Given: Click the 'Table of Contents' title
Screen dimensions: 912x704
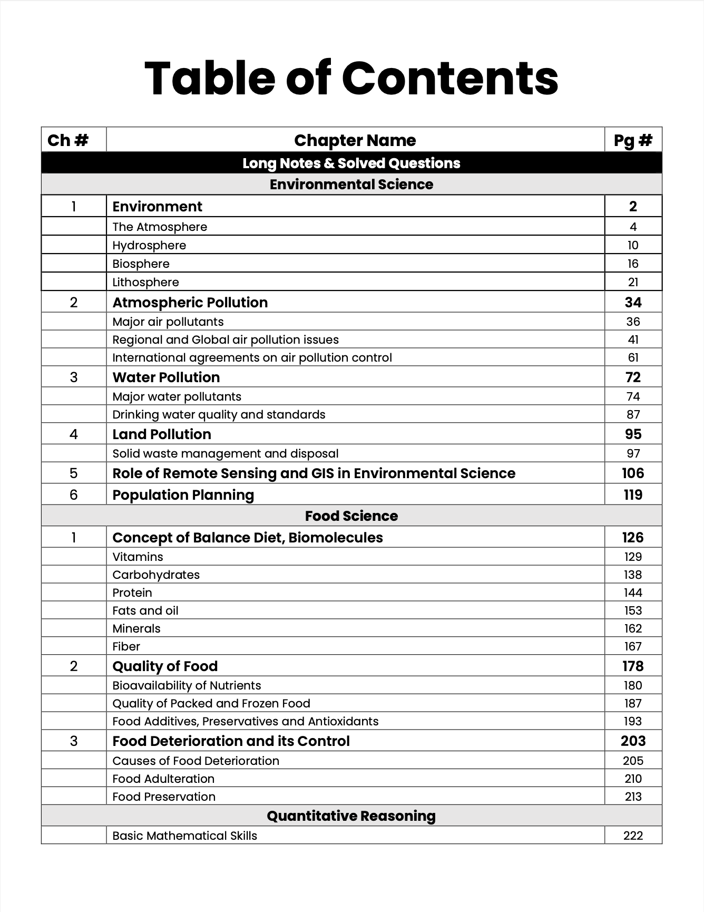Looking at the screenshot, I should click(351, 79).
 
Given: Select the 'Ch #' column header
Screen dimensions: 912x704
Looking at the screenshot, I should click(68, 140).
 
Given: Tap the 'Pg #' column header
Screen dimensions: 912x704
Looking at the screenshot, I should click(633, 140).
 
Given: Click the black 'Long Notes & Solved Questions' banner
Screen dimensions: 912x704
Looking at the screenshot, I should click(351, 163).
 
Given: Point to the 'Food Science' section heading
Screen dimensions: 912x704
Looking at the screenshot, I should click(351, 516).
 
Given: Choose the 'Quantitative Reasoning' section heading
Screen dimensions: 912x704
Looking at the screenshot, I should click(351, 816).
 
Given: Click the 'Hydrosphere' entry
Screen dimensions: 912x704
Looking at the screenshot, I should click(149, 245).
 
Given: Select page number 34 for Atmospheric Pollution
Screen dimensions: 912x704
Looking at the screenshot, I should click(633, 303).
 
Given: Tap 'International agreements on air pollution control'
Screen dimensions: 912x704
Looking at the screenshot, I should click(252, 357).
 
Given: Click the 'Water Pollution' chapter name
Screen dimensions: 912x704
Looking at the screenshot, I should click(166, 377).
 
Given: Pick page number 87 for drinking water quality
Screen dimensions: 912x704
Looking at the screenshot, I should click(633, 414).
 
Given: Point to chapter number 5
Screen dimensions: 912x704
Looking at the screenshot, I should click(73, 473).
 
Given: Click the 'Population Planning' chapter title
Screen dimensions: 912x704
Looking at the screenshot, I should click(183, 495).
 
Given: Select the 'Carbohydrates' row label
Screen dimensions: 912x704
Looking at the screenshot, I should click(156, 575).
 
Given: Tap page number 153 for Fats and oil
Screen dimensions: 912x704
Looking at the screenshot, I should click(633, 610).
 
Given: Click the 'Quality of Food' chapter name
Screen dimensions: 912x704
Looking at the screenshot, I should click(165, 666).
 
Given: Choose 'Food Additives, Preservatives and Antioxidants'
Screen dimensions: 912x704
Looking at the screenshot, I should click(245, 721).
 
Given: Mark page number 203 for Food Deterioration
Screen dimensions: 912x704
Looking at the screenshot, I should click(633, 741).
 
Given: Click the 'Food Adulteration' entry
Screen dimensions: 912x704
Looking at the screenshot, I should click(163, 779).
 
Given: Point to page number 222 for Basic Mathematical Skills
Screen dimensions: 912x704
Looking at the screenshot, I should click(633, 836).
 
